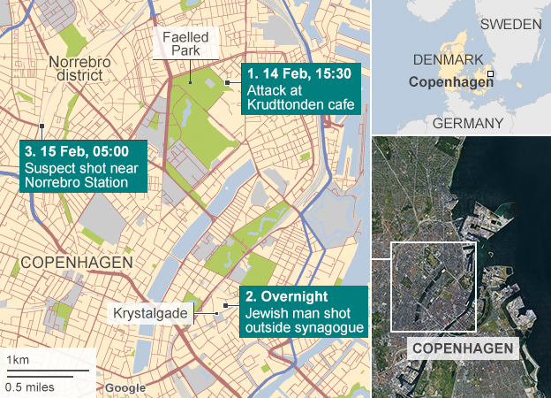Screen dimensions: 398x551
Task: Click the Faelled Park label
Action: point(185,44)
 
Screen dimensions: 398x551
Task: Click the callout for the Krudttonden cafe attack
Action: point(301,89)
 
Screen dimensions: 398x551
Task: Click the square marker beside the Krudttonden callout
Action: point(228,82)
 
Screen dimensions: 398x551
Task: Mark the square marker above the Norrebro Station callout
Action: point(42,125)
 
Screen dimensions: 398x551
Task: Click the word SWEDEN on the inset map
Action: point(509,24)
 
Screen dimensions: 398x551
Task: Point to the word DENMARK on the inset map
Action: point(449,59)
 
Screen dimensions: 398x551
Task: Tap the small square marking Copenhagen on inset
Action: point(490,74)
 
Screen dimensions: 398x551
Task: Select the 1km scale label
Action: point(17,359)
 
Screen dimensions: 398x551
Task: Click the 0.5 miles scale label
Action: point(30,386)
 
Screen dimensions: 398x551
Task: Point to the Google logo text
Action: point(125,388)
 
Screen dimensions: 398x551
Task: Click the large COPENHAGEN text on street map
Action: point(76,263)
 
